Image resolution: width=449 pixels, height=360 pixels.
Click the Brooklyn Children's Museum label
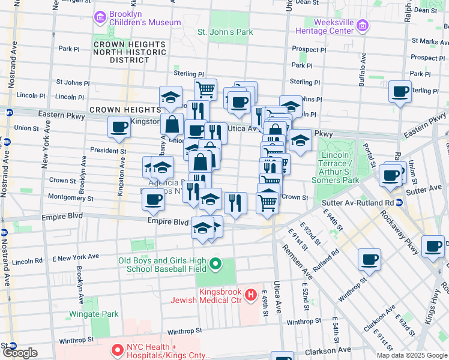tap(144, 18)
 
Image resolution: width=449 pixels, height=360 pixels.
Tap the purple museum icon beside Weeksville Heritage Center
tap(362, 25)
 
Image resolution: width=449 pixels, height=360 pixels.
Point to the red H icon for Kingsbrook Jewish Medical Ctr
tap(253, 295)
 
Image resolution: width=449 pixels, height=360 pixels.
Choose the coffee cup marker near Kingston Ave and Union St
tap(119, 127)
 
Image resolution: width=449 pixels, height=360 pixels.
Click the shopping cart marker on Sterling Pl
tap(205, 89)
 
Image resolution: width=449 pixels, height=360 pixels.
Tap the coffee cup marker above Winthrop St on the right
tap(369, 259)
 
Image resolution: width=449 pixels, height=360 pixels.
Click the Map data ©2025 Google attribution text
tap(412, 355)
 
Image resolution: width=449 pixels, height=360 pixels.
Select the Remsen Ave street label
tap(298, 262)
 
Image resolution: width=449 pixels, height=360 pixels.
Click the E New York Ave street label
tap(76, 256)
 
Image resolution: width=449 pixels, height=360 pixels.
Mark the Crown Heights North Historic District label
tap(129, 53)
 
